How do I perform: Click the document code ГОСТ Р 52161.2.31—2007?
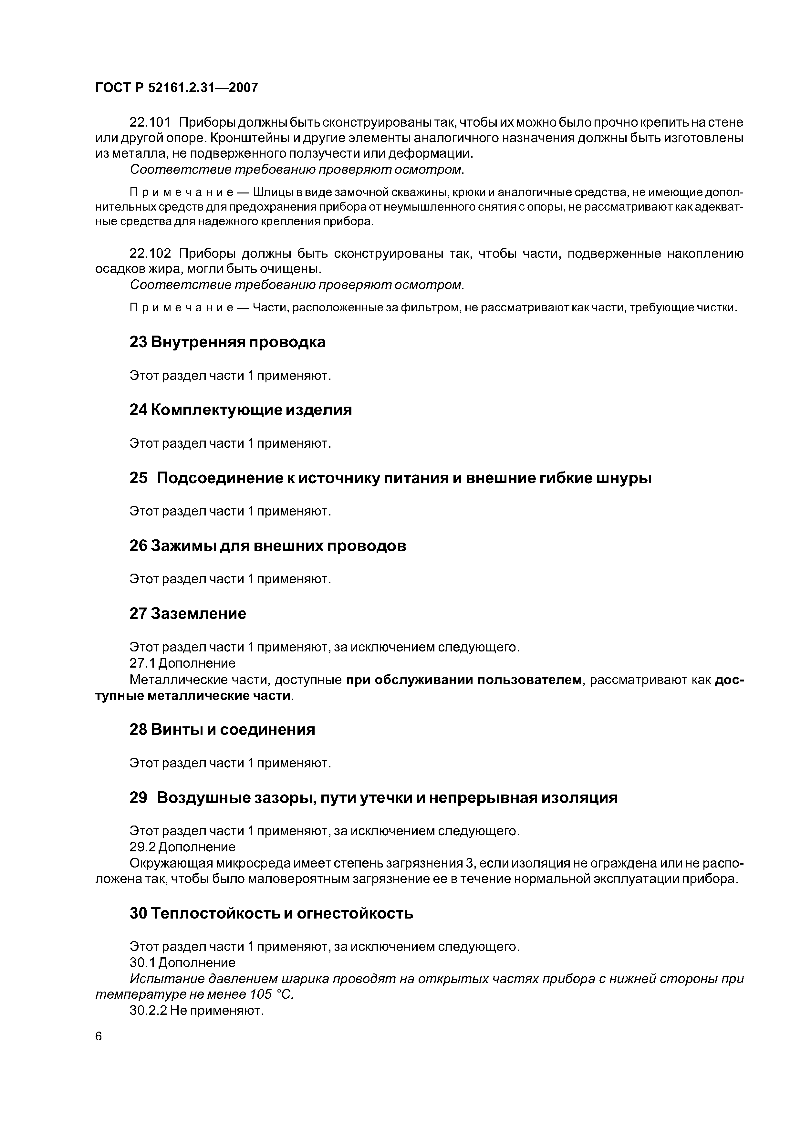pos(176,88)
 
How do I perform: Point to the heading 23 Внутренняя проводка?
pos(227,342)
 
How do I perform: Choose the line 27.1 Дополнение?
pos(182,663)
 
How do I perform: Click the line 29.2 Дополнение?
pos(182,847)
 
